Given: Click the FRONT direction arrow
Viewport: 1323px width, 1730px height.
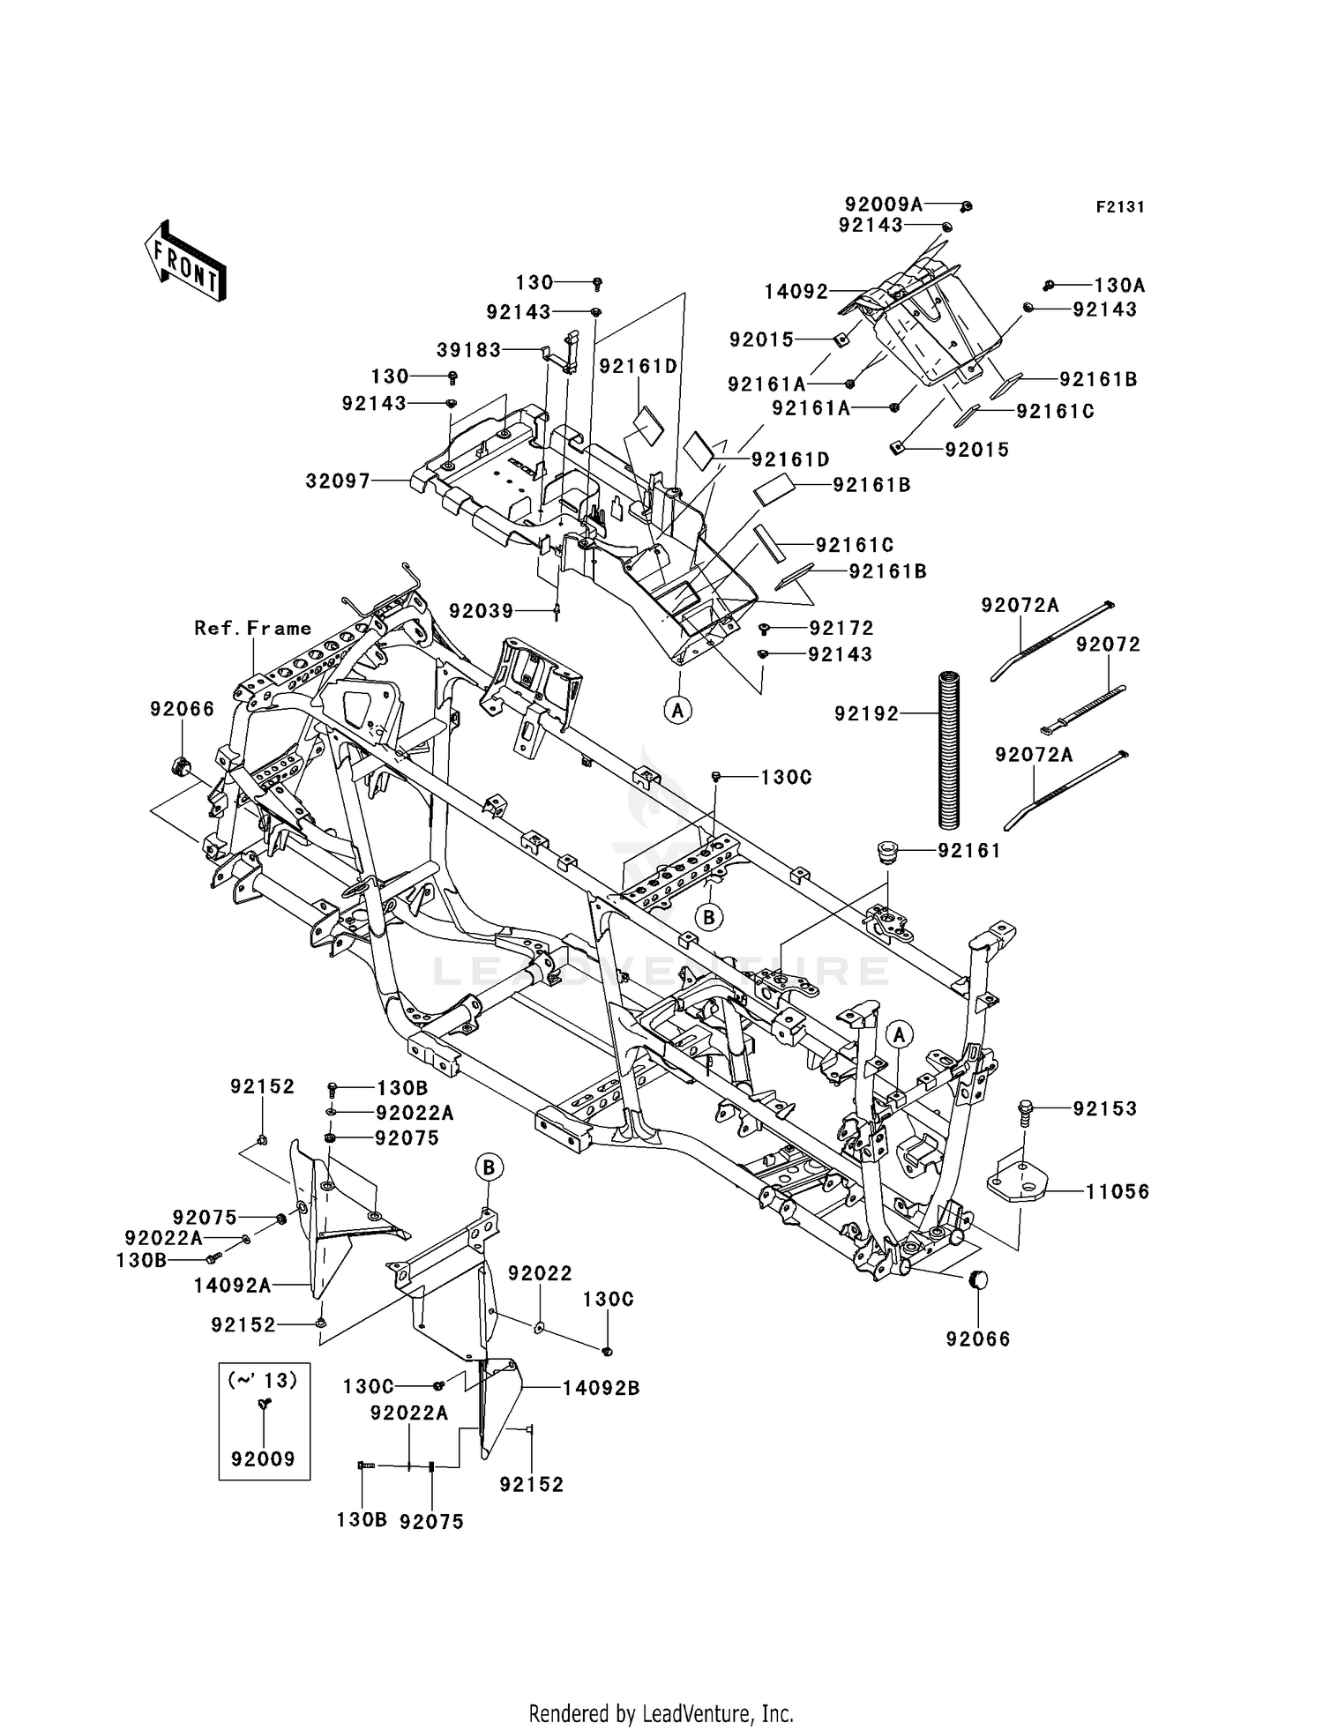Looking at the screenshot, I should pos(186,261).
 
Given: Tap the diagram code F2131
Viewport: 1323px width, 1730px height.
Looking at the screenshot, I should pos(1119,207).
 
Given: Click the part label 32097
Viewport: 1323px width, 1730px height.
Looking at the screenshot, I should pos(337,481).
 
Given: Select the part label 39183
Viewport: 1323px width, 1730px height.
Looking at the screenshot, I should pos(468,350).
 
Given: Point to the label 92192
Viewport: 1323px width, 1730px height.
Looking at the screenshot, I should pos(866,713).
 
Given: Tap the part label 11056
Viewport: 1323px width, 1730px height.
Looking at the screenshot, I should pos(1117,1192).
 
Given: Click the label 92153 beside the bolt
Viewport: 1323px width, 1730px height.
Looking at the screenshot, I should pos(1104,1108).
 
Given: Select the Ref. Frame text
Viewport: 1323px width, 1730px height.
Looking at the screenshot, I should pos(253,628).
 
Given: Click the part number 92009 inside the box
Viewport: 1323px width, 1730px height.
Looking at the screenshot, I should pos(263,1458).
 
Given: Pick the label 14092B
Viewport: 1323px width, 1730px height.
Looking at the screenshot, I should pos(601,1388).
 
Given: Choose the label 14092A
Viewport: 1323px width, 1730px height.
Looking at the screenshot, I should pos(232,1286).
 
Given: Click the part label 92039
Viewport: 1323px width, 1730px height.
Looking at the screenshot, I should pos(481,610).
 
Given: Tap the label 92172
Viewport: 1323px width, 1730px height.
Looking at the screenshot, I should pos(841,628).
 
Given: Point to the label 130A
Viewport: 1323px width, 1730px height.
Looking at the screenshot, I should pos(1119,285).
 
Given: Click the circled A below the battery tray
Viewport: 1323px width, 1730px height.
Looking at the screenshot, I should pos(677,709).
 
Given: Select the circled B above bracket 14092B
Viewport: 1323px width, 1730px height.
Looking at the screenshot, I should pos(490,1167).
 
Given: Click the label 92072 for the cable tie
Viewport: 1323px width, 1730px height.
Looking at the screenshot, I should pos(1108,645).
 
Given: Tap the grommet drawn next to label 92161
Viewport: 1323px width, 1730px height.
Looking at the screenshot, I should pos(886,853).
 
